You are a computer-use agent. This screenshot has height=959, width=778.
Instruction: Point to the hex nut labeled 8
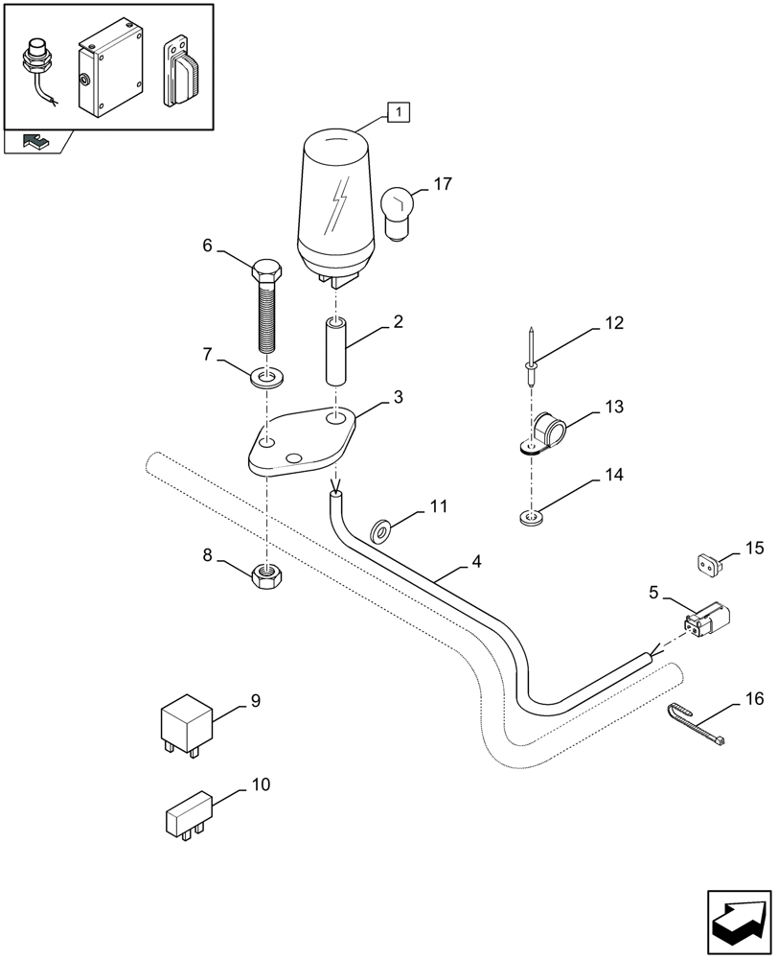click(x=267, y=575)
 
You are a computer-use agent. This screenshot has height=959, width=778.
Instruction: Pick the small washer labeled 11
click(x=381, y=527)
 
